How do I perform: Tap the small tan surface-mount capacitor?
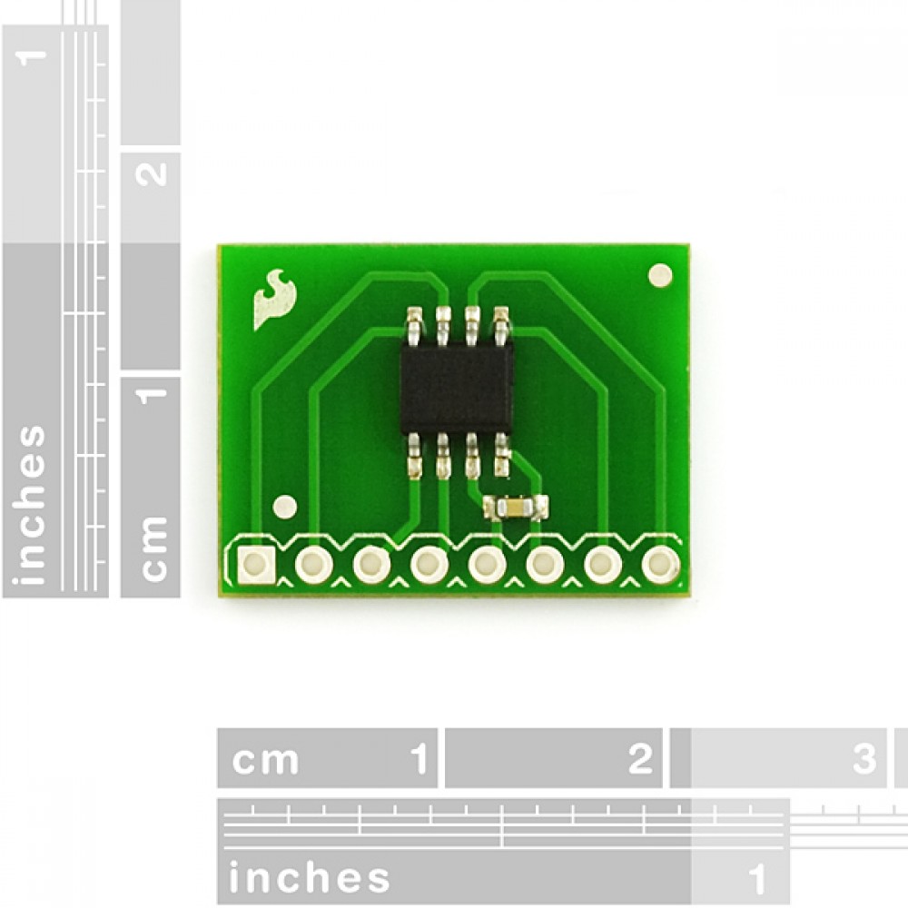[516, 508]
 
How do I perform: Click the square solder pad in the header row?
[255, 564]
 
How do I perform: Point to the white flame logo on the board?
[274, 299]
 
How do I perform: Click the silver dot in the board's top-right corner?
[660, 275]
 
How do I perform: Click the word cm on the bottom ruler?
[265, 760]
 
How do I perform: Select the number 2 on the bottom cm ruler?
[639, 758]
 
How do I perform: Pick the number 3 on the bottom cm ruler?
[864, 758]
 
